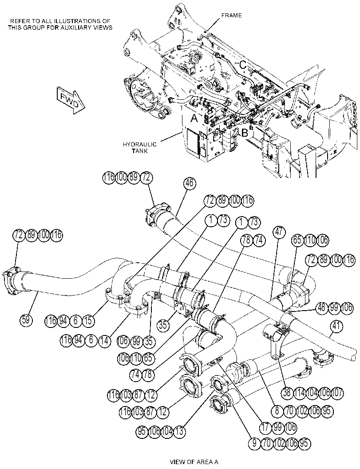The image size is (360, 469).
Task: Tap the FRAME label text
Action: (231, 15)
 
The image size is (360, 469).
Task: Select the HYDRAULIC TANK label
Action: (140, 148)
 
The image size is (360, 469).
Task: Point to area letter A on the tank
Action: (194, 119)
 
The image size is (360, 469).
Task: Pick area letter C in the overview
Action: (243, 64)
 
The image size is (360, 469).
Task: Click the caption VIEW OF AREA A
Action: (194, 461)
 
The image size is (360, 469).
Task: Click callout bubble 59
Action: (26, 320)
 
